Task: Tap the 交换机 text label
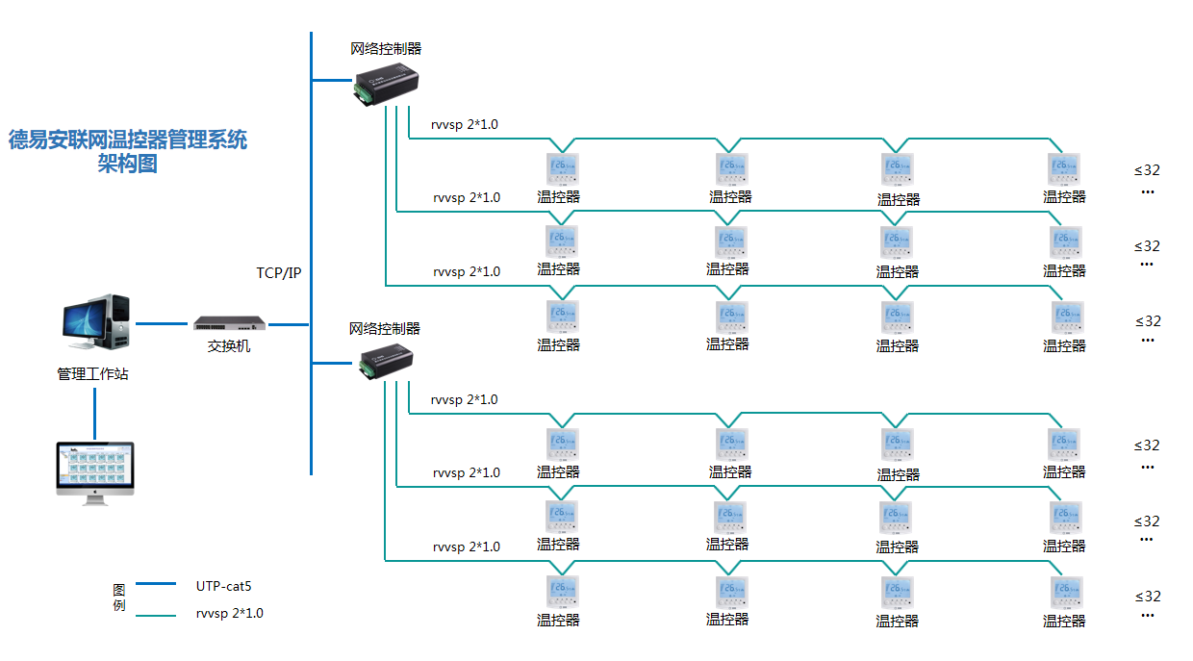coord(229,345)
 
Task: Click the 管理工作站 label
coord(92,373)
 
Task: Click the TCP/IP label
coord(279,272)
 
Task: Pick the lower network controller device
coord(387,358)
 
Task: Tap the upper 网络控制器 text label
coord(386,48)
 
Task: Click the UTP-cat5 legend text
coord(223,584)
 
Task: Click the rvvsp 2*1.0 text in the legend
coord(229,613)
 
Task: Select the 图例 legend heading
coord(118,597)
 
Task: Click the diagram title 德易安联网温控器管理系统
coord(128,140)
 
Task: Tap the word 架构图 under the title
coord(127,164)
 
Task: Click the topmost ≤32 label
coord(1147,170)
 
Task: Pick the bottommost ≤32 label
coord(1147,596)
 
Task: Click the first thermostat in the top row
coord(563,169)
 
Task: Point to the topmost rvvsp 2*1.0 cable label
coord(465,124)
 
